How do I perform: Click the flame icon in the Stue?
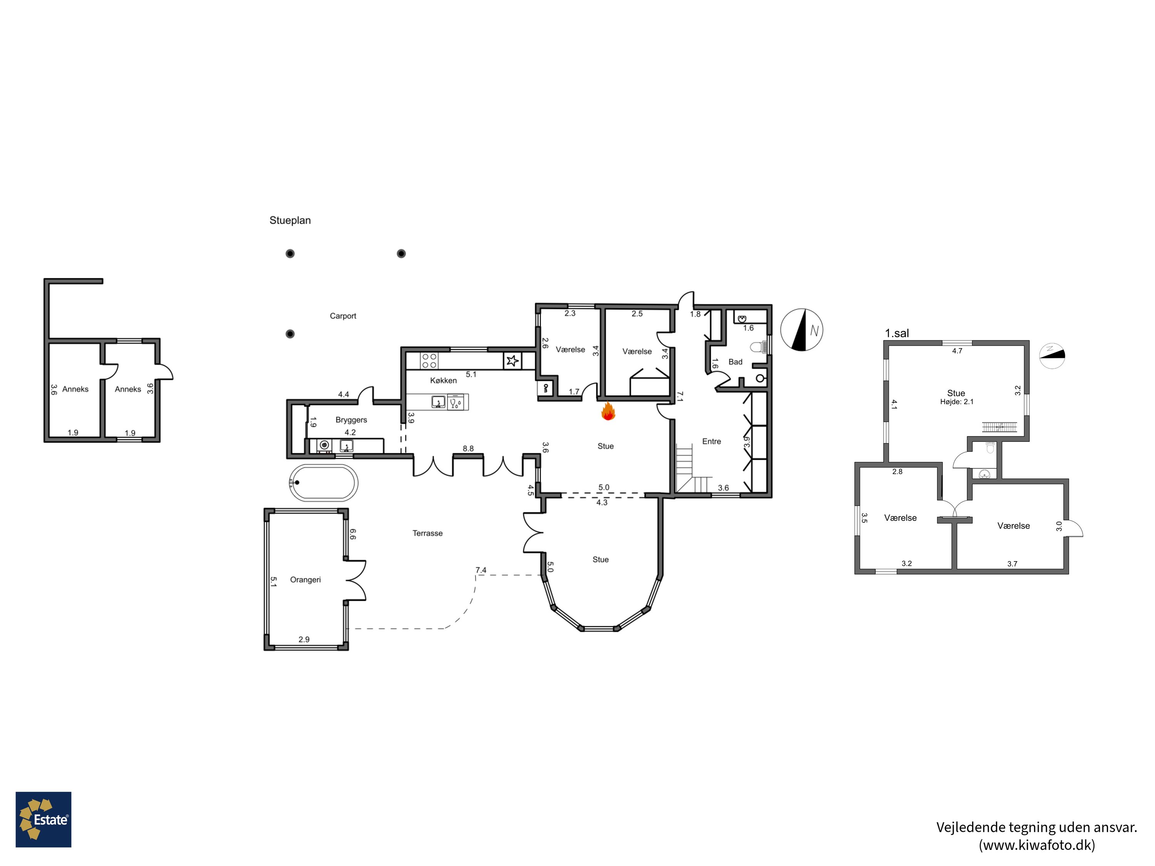point(608,411)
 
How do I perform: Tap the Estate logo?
point(44,819)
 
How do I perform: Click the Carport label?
point(343,316)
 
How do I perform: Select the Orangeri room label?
point(305,579)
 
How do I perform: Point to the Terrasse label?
point(428,533)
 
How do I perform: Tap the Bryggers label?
point(352,420)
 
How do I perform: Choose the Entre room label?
point(712,441)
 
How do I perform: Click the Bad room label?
point(735,362)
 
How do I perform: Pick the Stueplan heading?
point(290,220)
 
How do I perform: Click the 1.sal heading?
point(897,333)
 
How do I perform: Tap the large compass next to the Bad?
point(802,330)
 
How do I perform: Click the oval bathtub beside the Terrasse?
point(324,483)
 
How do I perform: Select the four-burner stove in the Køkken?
point(429,361)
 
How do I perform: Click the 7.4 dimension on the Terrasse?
point(481,570)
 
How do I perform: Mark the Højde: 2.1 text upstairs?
point(957,402)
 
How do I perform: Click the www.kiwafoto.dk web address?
point(1036,844)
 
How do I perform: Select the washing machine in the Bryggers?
point(325,446)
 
